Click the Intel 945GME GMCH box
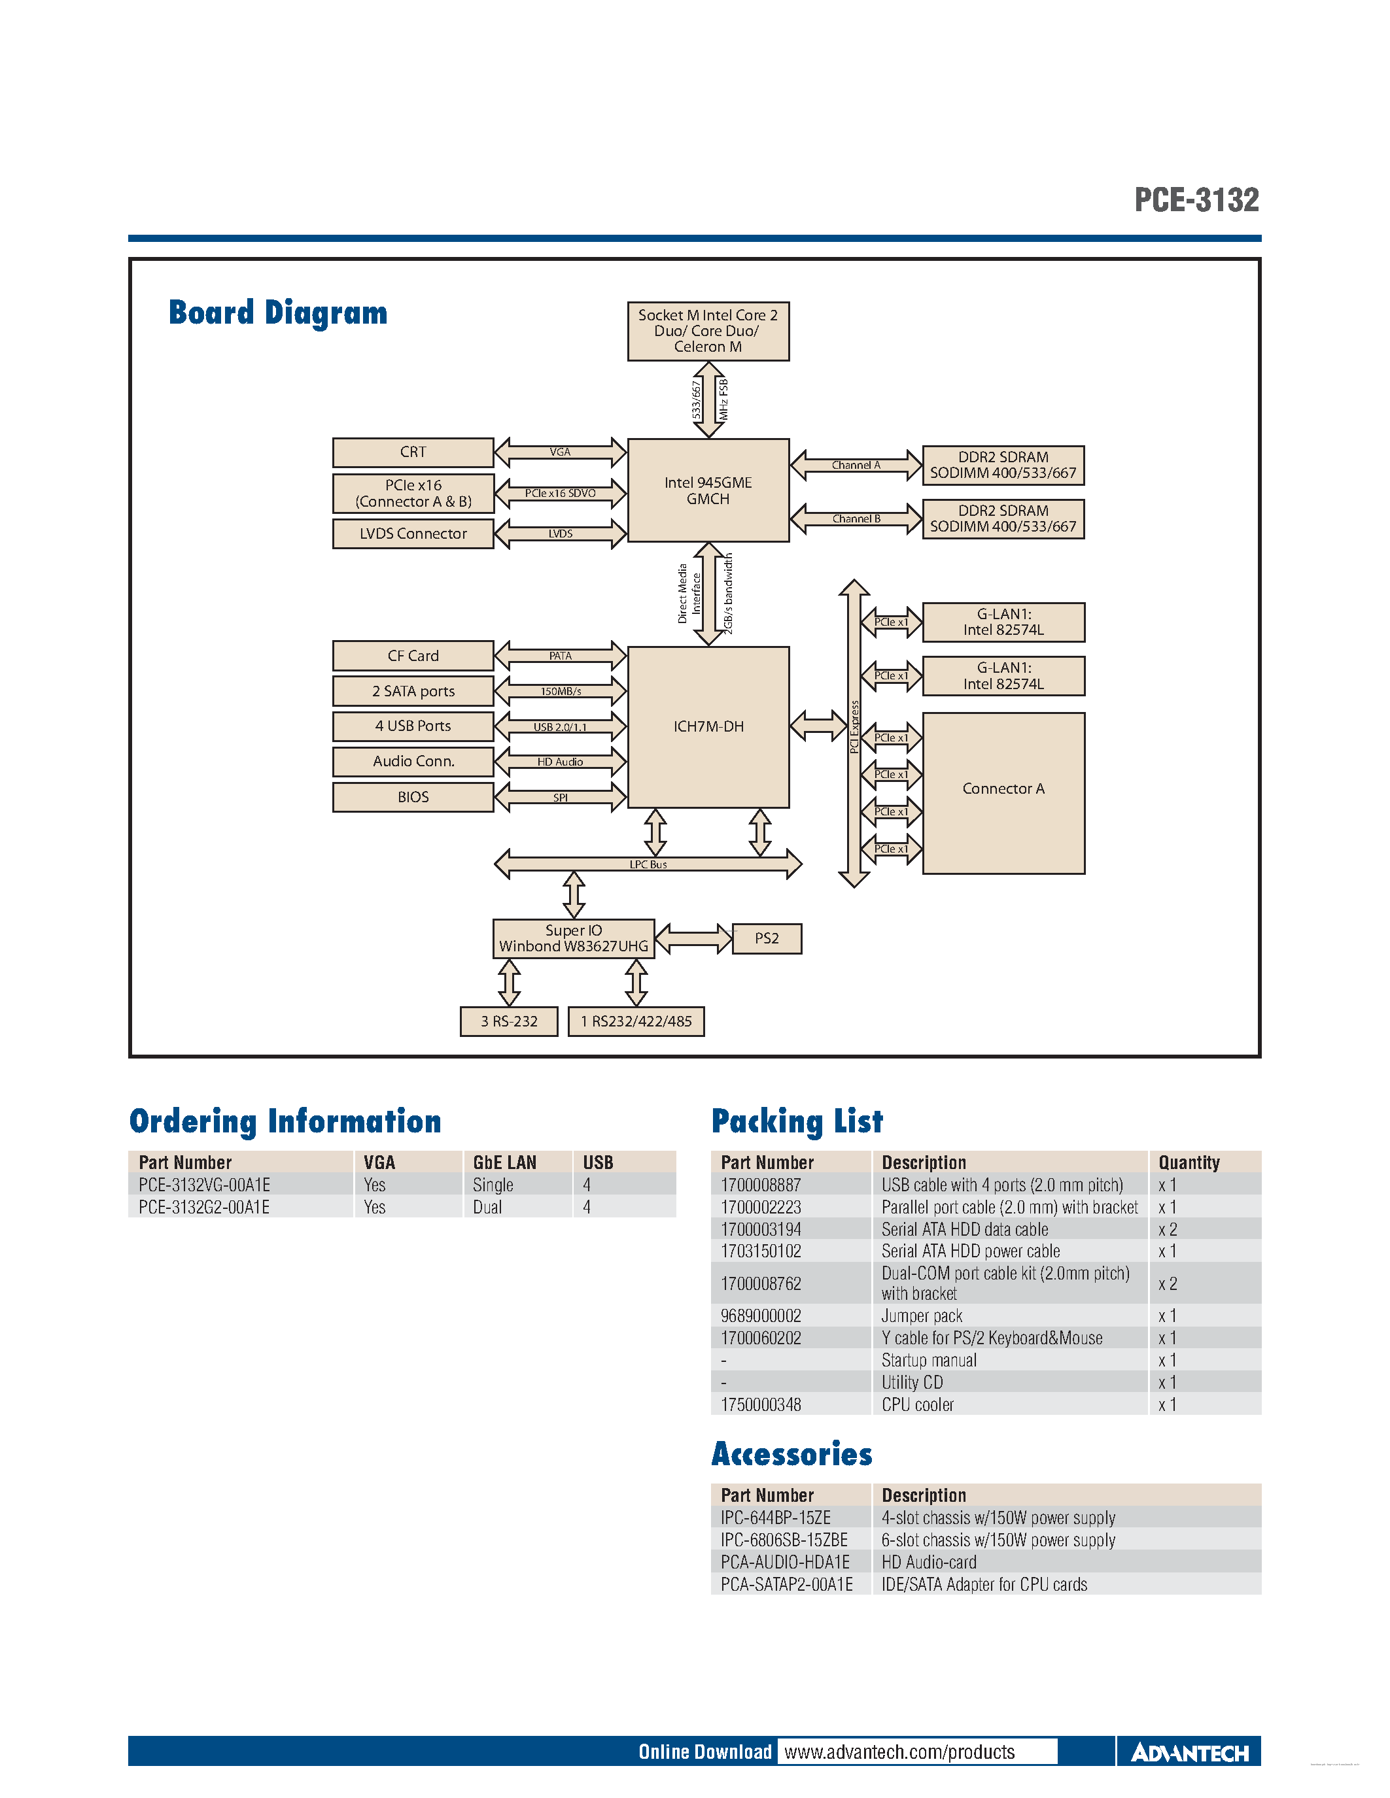708,490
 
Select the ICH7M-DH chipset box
708,726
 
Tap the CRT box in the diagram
413,452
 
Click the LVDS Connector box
413,534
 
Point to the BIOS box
413,797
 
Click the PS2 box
767,938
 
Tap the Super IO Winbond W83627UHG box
573,938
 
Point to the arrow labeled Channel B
856,518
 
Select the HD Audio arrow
560,762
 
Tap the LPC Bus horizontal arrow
648,864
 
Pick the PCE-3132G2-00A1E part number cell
204,1207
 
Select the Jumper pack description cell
922,1315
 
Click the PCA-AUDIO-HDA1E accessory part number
785,1562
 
